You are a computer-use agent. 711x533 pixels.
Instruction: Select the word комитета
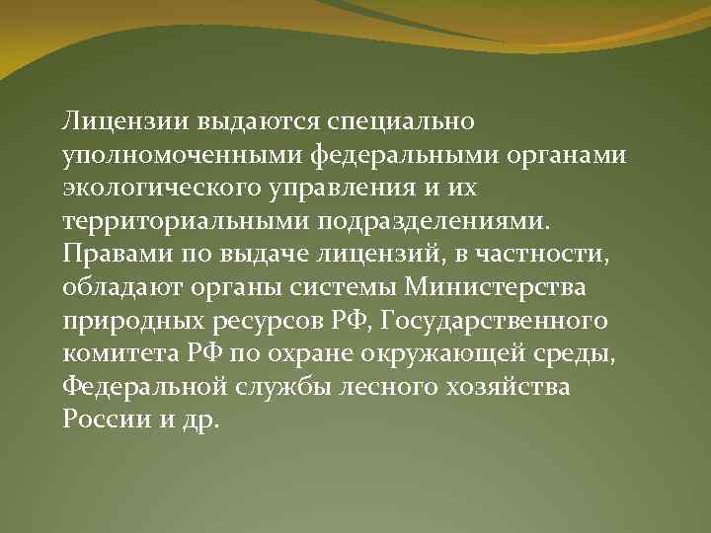point(112,354)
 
